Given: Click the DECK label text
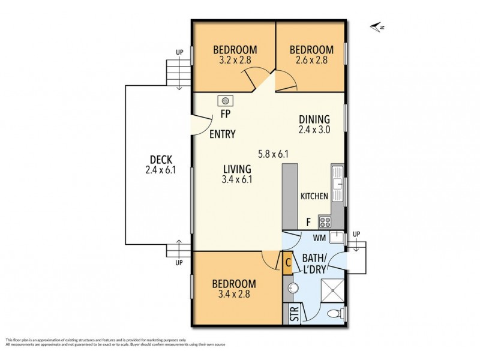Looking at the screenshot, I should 161,160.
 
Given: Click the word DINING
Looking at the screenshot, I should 314,118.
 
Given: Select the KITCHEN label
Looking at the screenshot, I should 314,196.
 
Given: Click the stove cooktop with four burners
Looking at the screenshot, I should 326,222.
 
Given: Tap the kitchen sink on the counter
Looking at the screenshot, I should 338,181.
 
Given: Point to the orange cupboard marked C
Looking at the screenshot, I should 288,262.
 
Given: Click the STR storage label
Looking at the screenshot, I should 293,316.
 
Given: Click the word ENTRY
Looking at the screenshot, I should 222,134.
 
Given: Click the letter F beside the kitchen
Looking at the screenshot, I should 308,222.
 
